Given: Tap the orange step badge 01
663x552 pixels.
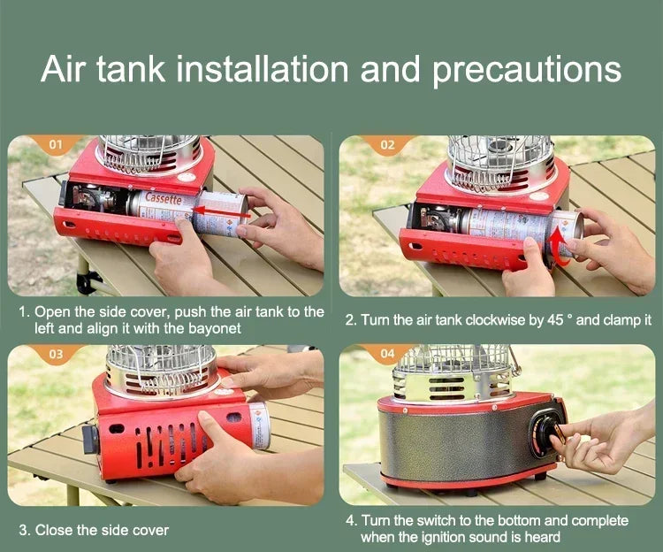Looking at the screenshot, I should (x=56, y=142).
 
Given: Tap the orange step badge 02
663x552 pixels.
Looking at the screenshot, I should (x=387, y=142).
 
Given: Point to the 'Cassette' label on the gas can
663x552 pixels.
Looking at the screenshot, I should (x=163, y=201).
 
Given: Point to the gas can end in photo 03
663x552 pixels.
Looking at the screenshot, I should (x=259, y=425).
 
